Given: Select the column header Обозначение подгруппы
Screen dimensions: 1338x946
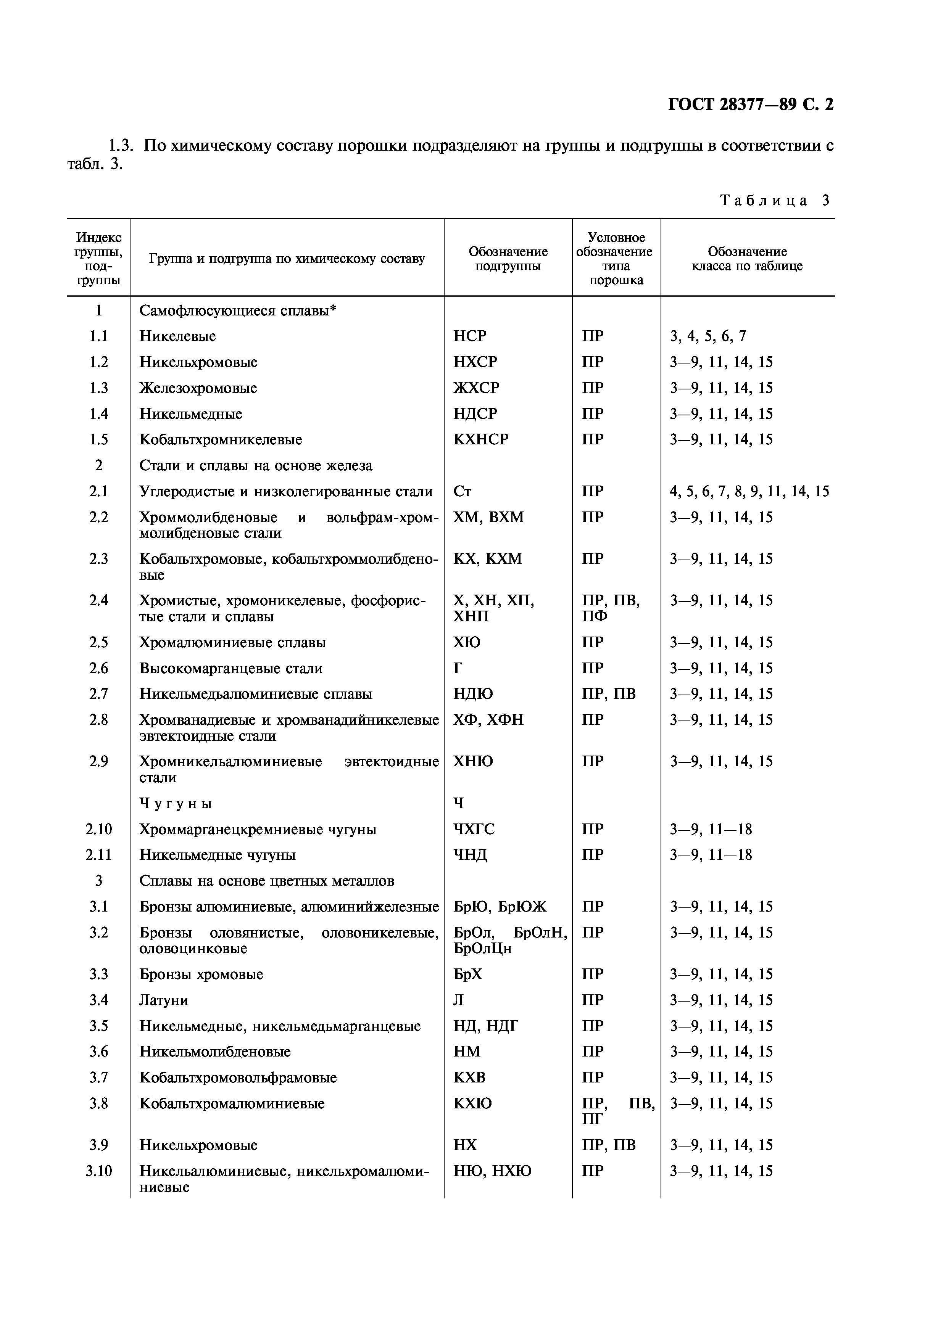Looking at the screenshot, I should point(508,259).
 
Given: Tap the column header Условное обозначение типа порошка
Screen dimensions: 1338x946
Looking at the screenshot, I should point(616,259).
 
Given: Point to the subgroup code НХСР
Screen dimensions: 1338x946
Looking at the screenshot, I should point(475,362).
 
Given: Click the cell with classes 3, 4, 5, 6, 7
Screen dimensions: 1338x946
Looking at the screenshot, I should point(707,336).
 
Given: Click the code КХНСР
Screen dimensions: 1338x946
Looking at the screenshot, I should point(481,439).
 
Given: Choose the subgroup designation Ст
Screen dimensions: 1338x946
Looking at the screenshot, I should point(462,491).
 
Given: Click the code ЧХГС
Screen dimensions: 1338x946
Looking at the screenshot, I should point(474,829).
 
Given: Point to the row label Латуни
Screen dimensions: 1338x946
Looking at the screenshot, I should point(164,1000).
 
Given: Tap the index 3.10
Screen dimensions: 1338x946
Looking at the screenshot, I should point(98,1171).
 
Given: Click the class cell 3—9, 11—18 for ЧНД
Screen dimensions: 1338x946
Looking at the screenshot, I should point(711,855).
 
